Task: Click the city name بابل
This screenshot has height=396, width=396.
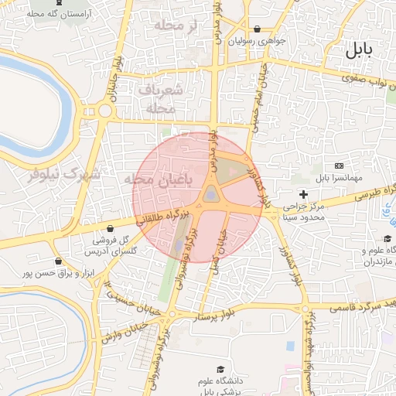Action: [357, 51]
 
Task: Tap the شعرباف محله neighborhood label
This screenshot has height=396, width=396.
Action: [162, 99]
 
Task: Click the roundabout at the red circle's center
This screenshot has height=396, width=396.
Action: [211, 196]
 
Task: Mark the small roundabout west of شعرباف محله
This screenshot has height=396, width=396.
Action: [105, 111]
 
